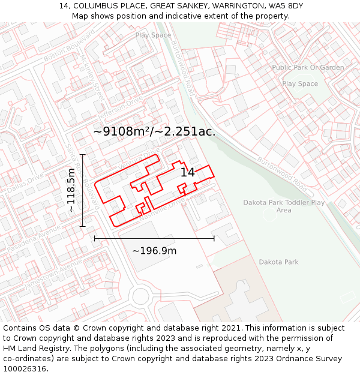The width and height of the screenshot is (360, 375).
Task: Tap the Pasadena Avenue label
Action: [35, 239]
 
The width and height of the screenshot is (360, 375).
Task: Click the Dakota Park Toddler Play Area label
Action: [284, 206]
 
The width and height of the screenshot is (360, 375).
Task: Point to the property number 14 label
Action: [188, 172]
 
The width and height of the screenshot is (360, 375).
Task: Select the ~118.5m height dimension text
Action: [71, 190]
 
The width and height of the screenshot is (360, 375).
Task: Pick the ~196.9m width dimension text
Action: [154, 250]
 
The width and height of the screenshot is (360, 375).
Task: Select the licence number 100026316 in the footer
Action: [24, 368]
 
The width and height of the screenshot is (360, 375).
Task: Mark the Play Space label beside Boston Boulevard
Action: [153, 35]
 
